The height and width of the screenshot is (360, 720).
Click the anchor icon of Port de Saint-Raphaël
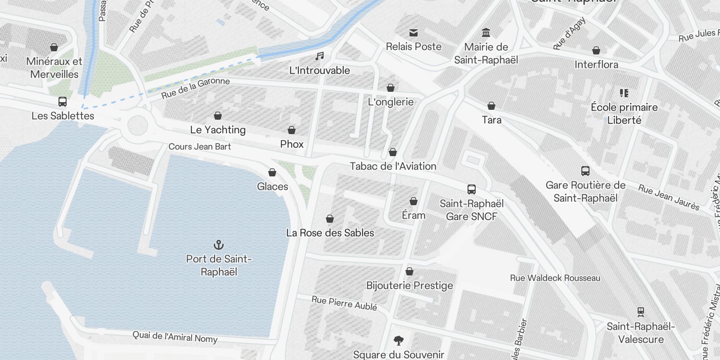pos(218,245)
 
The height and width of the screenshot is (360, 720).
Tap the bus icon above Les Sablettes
pos(63,102)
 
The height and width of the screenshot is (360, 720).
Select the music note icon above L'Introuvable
pos(319,56)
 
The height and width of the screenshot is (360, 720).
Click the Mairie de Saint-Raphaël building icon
pos(486,33)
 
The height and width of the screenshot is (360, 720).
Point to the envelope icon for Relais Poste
pos(414,33)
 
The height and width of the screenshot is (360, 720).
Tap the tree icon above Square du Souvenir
pos(398,340)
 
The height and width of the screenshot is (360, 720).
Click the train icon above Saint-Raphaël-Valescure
pos(641,312)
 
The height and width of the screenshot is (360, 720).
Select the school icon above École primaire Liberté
pos(624,93)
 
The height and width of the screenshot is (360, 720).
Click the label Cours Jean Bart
pos(199,147)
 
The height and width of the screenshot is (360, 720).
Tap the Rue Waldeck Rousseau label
pos(555,278)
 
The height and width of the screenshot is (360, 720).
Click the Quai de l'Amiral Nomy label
pos(175,337)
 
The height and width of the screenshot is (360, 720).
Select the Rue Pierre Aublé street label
pos(344,303)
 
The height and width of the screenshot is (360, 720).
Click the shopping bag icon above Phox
pos(292,130)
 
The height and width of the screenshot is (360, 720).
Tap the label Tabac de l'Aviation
pos(393,166)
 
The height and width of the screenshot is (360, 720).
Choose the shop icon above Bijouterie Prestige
pos(409,271)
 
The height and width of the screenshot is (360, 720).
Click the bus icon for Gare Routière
pos(585,171)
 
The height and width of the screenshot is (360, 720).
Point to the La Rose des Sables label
pos(330,233)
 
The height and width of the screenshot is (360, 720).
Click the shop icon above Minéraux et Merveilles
pos(54,47)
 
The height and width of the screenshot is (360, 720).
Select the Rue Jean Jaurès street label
pos(669,198)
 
